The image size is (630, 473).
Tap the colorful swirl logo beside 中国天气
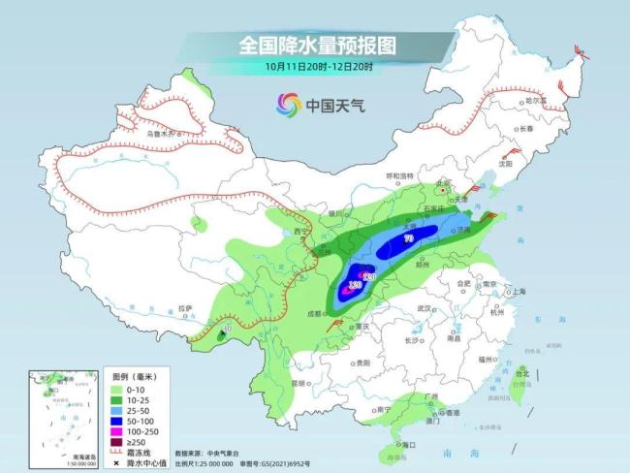click(x=289, y=104)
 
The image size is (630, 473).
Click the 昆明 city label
click(x=305, y=383)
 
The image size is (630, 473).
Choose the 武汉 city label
click(x=422, y=308)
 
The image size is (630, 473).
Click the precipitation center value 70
click(x=408, y=237)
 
